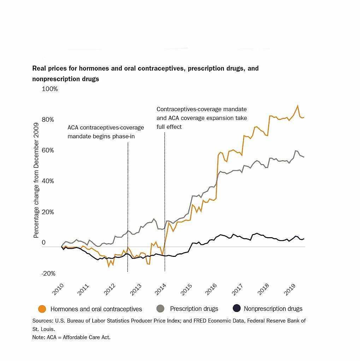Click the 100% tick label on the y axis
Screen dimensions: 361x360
49,89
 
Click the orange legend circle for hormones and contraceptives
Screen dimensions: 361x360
42,309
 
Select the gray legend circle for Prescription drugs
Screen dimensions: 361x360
160,309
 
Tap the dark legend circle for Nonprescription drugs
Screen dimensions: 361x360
237,309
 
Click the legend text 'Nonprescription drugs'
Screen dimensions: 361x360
273,309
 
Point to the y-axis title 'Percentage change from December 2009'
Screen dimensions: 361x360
36,180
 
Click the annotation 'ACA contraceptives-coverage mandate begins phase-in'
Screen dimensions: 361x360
106,132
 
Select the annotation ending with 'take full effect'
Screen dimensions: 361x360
202,118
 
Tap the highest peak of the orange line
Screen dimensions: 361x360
298,106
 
